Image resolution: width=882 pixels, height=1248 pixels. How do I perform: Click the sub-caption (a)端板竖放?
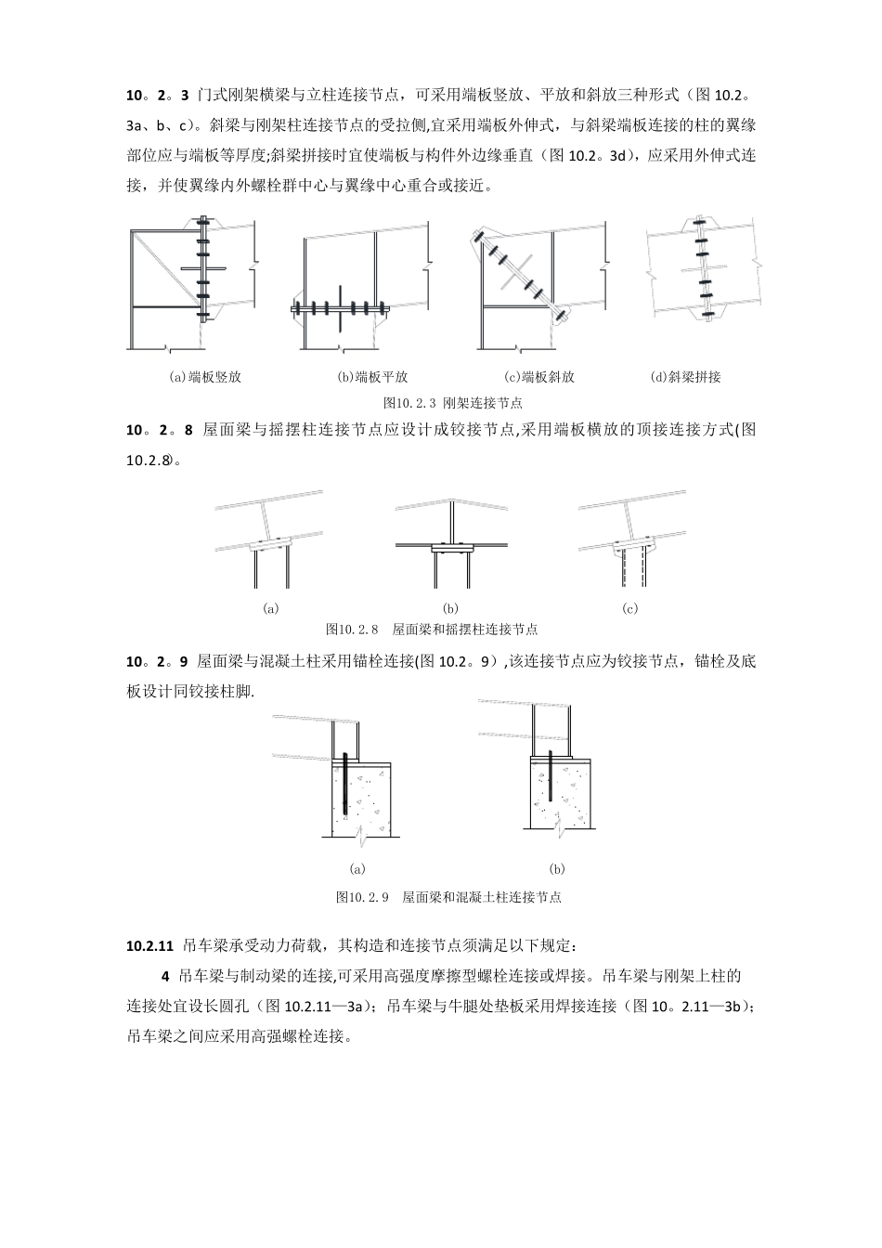pos(204,377)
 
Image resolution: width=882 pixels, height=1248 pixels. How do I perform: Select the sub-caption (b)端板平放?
pos(372,377)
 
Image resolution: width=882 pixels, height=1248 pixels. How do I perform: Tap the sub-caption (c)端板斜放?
pos(539,377)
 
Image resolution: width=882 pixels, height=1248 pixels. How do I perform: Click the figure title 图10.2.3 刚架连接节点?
pos(453,403)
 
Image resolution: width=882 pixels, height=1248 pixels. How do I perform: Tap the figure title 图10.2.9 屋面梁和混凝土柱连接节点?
pos(447,897)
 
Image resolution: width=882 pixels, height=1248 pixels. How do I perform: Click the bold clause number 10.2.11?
pos(150,946)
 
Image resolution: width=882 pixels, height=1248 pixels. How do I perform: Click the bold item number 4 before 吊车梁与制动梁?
pos(165,976)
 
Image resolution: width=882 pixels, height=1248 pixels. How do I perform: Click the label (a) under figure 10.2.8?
pos(271,609)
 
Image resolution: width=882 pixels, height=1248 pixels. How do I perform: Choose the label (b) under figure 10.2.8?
pos(451,609)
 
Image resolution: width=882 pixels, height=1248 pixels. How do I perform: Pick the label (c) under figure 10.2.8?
pos(630,609)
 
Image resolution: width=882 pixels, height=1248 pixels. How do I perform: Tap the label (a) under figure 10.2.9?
pos(357,869)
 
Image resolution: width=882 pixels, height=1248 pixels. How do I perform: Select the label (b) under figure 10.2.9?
pos(557,869)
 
